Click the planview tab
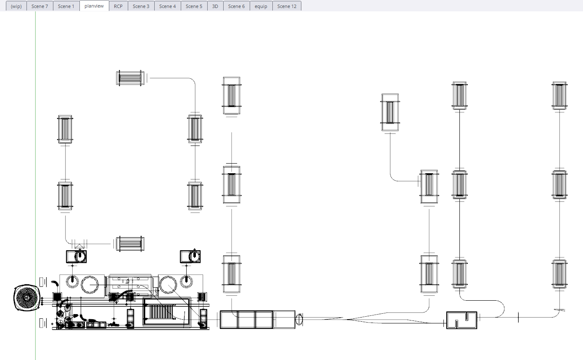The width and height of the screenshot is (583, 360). point(94,6)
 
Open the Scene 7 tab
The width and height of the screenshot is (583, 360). point(40,6)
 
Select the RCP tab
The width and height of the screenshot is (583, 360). point(118,6)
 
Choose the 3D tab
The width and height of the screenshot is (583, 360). point(215,6)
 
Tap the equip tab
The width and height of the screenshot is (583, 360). point(261,6)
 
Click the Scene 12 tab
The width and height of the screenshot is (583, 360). point(287,6)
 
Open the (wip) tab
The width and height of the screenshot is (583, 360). point(16,6)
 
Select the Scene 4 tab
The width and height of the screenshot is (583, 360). point(167,6)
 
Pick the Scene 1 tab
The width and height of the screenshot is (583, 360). point(66,6)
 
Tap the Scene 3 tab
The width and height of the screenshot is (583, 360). point(141,6)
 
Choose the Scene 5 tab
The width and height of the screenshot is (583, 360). point(194,6)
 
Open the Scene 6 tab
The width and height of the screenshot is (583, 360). point(236,6)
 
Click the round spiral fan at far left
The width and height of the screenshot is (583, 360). point(27,297)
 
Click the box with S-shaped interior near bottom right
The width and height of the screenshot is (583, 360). point(462,320)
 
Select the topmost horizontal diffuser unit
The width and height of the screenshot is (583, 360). point(130,78)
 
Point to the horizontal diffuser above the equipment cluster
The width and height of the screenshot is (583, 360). point(130,244)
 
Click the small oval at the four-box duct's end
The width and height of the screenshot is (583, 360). point(299,319)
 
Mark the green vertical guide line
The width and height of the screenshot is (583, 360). point(35,185)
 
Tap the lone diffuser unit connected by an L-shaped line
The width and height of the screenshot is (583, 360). point(390,112)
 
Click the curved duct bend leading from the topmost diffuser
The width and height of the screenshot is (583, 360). point(193,80)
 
